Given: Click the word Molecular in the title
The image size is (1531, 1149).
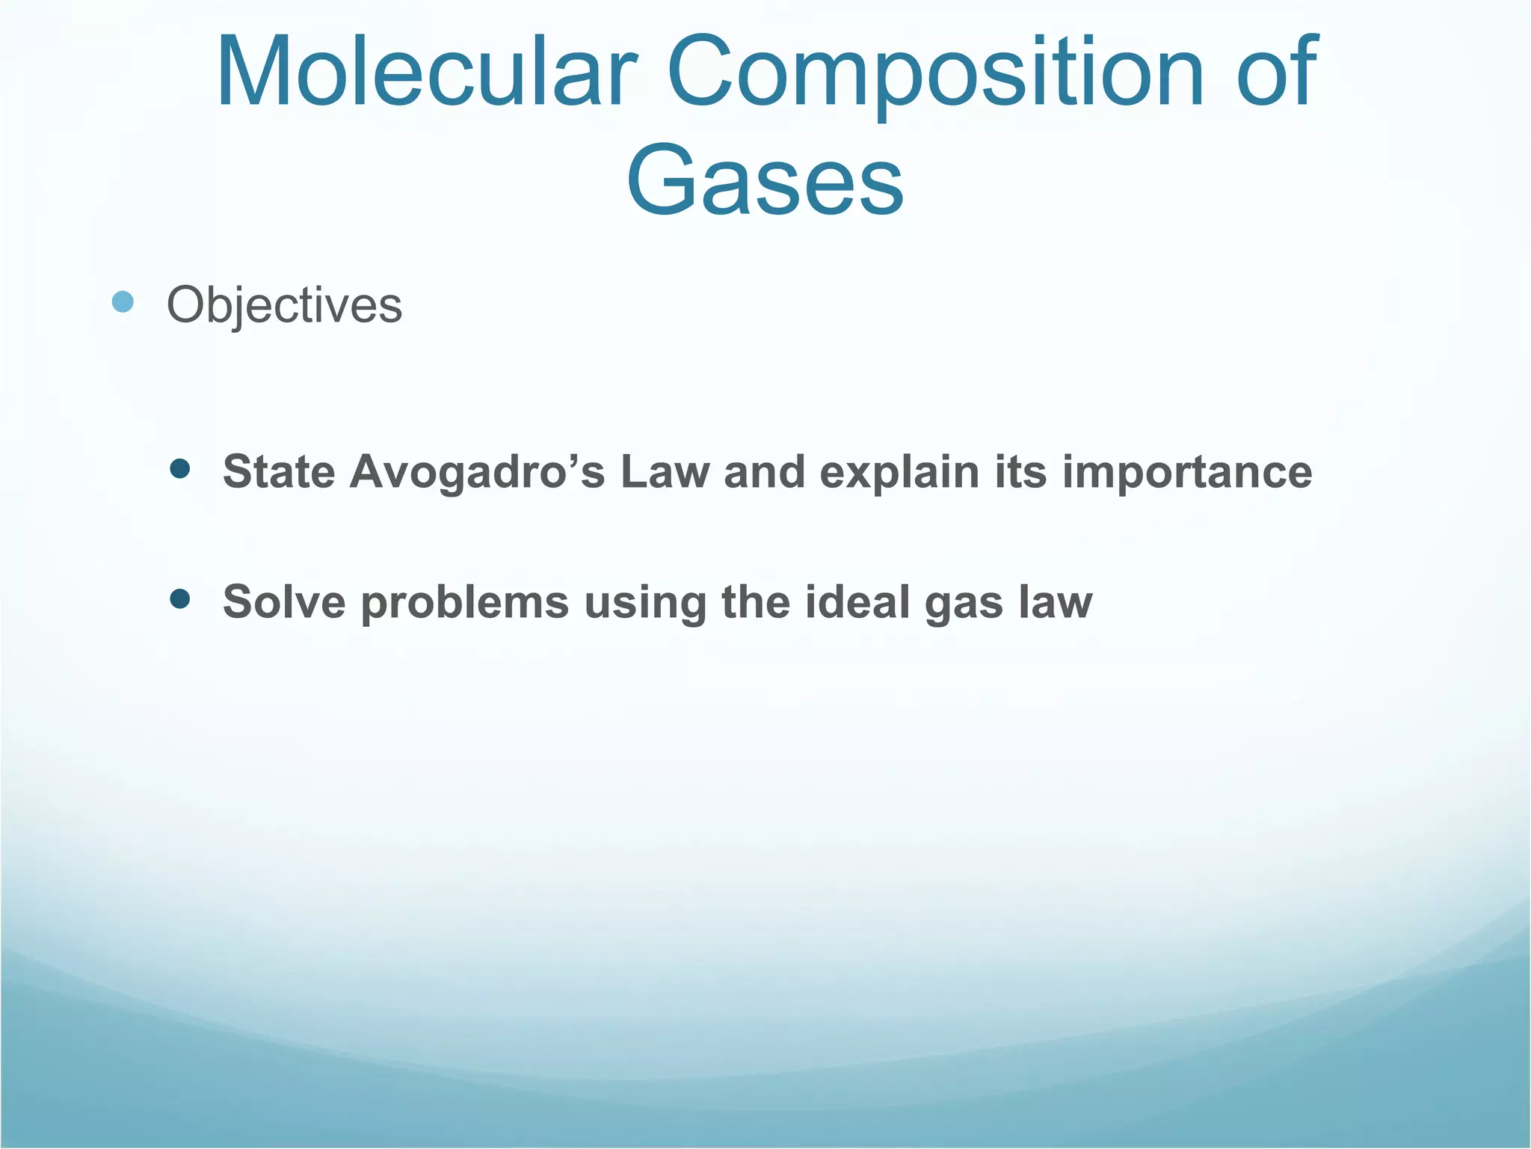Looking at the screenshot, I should tap(426, 73).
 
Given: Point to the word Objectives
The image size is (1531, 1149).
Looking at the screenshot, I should tap(284, 305).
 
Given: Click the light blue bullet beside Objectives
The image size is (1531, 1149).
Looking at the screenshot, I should tap(123, 302).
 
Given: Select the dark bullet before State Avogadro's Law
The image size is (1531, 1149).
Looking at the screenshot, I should tap(179, 469).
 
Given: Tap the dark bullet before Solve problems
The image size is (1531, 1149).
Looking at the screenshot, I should tap(179, 599).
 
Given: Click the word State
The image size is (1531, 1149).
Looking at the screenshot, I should tap(279, 472).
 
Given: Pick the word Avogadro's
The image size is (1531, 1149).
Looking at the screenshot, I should tap(477, 472).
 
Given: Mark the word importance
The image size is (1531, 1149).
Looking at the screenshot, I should tap(1186, 474).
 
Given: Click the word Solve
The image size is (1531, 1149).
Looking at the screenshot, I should tap(284, 602).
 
